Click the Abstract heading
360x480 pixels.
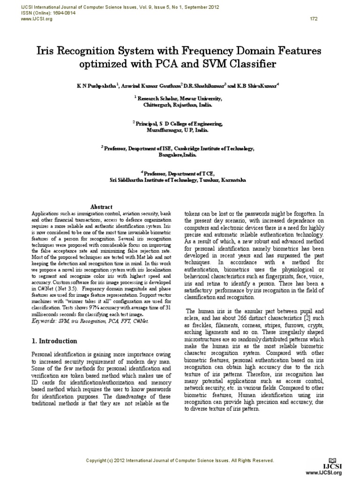click(101, 207)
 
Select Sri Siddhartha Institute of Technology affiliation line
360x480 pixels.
click(159, 180)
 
